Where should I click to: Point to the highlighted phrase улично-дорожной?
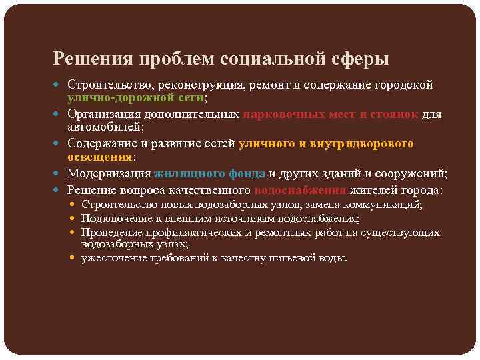[x=125, y=98]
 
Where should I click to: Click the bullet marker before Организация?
[x=61, y=114]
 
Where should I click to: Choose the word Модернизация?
[x=109, y=173]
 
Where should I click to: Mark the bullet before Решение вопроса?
[x=61, y=190]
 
